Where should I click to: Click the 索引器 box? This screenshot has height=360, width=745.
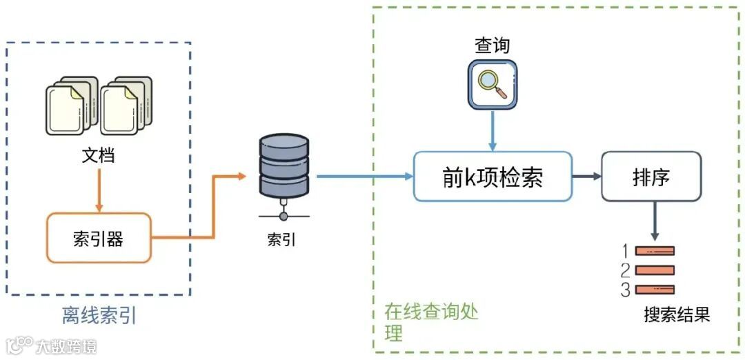coord(98,238)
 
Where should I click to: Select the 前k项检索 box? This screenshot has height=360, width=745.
coord(493,177)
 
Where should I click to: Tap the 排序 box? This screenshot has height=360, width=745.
coord(650,177)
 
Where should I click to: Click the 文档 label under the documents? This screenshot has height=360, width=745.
coord(98,156)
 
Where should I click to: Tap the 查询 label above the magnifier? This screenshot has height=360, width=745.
coord(493,46)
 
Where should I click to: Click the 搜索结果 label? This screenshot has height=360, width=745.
coord(677,314)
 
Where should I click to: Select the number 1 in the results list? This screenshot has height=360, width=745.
coord(625,251)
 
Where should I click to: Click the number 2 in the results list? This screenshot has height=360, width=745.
coord(625,270)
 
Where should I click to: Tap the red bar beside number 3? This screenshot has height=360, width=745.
coord(654,290)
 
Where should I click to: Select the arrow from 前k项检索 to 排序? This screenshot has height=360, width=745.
coord(586,177)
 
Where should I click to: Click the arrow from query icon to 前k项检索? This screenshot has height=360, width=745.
coord(493,130)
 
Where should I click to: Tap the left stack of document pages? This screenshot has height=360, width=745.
coord(69,107)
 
